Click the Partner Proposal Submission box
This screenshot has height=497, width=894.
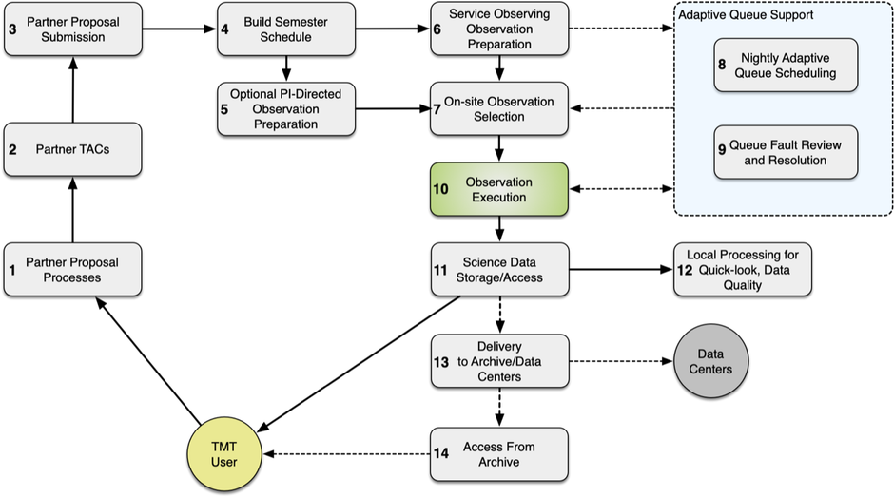pyautogui.click(x=72, y=29)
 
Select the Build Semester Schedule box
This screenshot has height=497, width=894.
pyautogui.click(x=285, y=29)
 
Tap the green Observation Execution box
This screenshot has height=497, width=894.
pyautogui.click(x=499, y=188)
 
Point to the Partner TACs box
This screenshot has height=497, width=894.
pyautogui.click(x=72, y=149)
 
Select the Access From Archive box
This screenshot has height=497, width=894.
pyautogui.click(x=499, y=454)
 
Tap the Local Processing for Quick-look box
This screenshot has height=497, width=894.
pyautogui.click(x=742, y=268)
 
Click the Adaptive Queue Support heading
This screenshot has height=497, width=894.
pyautogui.click(x=737, y=15)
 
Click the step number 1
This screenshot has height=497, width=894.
pyautogui.click(x=12, y=270)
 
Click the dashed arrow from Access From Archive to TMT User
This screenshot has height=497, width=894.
pyautogui.click(x=346, y=455)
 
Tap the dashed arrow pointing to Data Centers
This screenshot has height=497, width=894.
pyautogui.click(x=619, y=362)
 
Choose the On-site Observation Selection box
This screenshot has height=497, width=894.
pyautogui.click(x=499, y=109)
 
